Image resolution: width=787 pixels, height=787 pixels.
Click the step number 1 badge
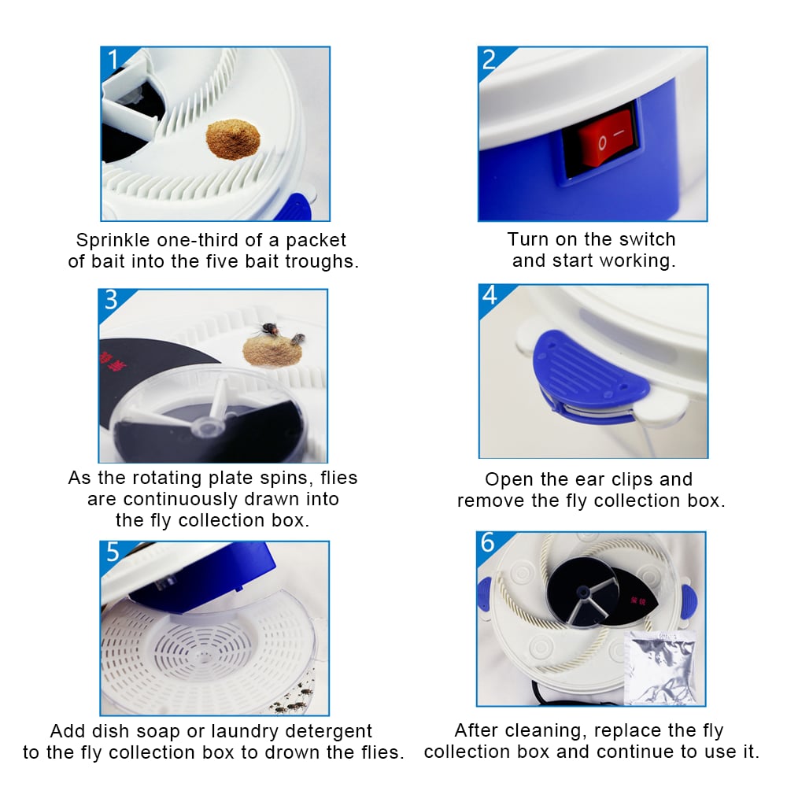(x=113, y=59)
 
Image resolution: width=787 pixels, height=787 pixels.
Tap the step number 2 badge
(x=490, y=59)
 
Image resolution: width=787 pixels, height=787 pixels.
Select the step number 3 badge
(x=111, y=300)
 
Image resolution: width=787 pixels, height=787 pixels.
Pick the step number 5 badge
(x=113, y=552)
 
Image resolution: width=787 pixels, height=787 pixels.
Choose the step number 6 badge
(x=488, y=543)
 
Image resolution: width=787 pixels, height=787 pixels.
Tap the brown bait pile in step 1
(x=233, y=139)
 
